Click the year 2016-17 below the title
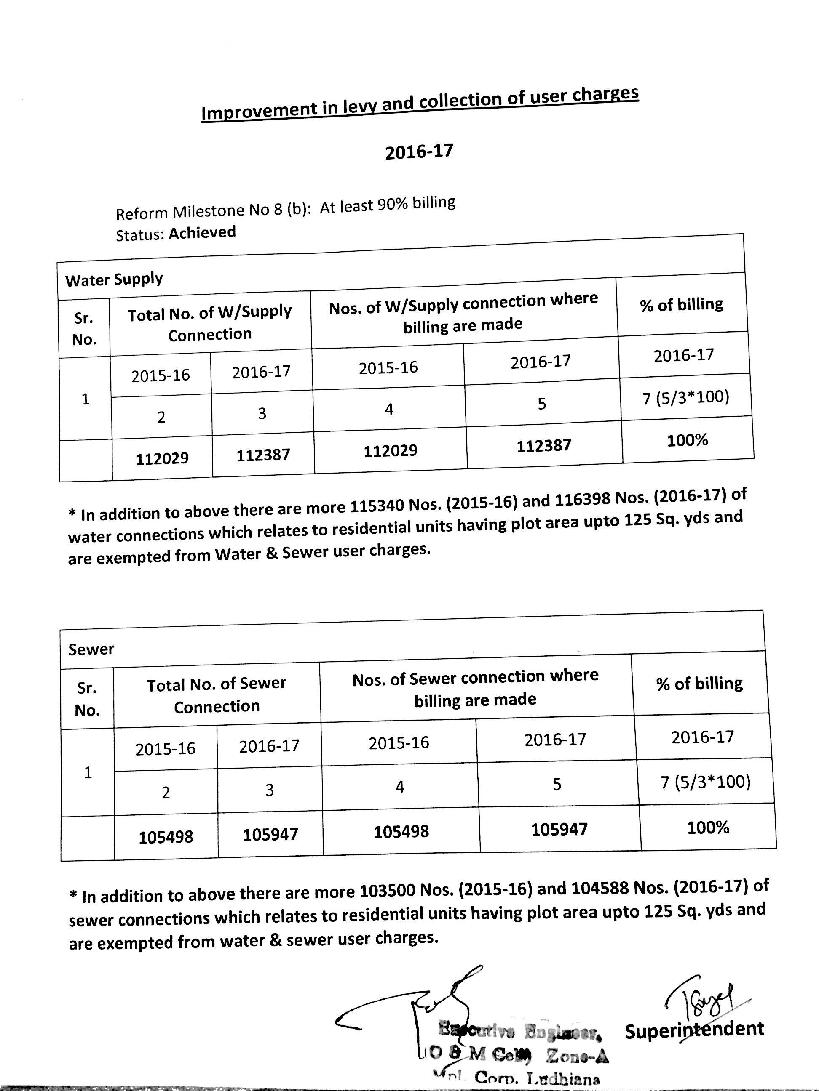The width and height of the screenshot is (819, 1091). pyautogui.click(x=419, y=151)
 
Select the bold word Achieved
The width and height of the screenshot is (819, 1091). pyautogui.click(x=202, y=232)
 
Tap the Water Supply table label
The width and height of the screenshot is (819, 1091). pyautogui.click(x=114, y=279)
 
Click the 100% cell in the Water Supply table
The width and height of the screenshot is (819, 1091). pyautogui.click(x=687, y=440)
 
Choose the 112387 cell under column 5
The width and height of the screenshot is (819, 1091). pyautogui.click(x=543, y=446)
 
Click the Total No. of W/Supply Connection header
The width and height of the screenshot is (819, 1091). pyautogui.click(x=210, y=323)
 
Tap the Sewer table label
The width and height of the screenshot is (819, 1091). pyautogui.click(x=91, y=649)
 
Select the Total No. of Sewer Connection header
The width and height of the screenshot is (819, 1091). pyautogui.click(x=216, y=695)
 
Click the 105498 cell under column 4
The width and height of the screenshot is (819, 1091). pyautogui.click(x=401, y=832)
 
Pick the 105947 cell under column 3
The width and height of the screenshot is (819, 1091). pyautogui.click(x=270, y=834)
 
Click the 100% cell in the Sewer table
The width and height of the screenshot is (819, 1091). pyautogui.click(x=708, y=827)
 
